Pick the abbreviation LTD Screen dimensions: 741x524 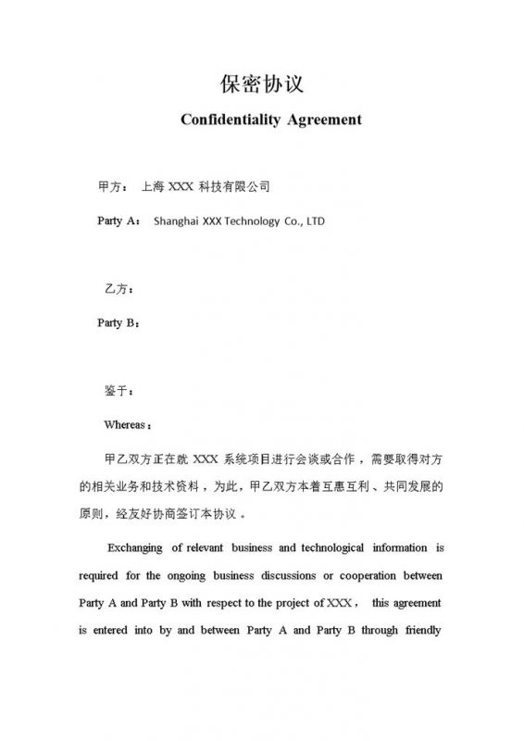pos(315,221)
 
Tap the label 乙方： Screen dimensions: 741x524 pos(120,289)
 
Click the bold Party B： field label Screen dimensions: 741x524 pos(119,323)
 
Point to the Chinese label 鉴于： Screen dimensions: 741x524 pos(120,391)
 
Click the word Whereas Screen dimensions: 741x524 pos(125,425)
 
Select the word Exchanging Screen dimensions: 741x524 pos(141,546)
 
